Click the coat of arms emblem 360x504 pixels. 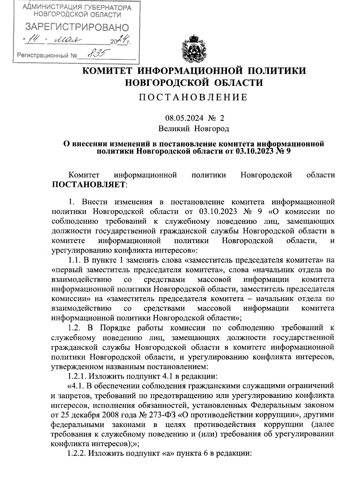pos(194,49)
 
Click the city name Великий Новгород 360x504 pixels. pos(194,129)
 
